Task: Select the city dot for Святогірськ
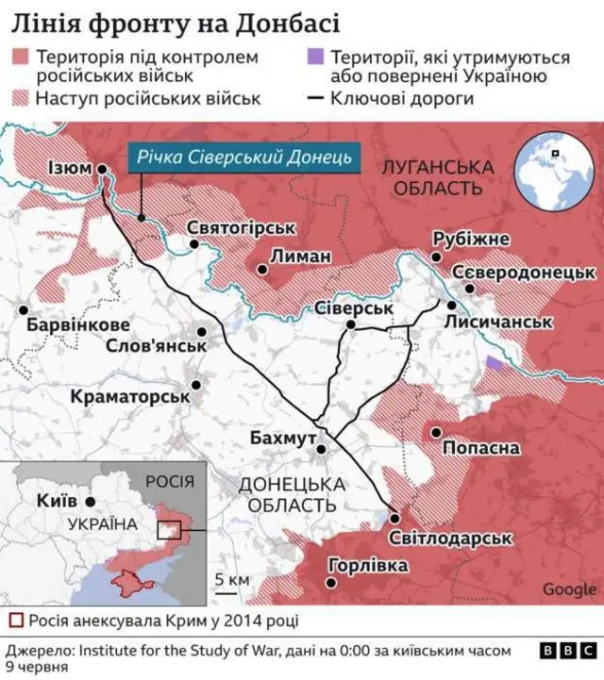pos(193,243)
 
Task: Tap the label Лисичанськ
pos(507,323)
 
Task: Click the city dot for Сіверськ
pos(350,324)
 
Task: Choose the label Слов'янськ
pos(157,346)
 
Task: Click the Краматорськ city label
pos(130,397)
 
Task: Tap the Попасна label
pos(480,448)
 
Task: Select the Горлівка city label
pos(368,566)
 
